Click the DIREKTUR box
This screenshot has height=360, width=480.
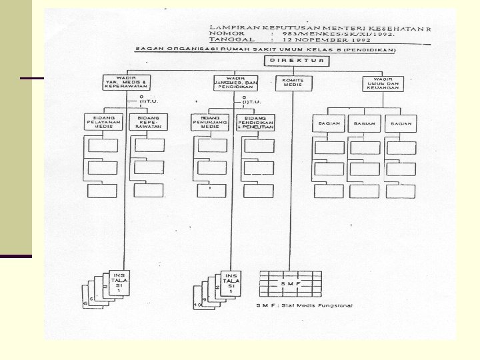(297, 61)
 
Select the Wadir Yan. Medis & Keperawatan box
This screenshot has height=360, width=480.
(127, 82)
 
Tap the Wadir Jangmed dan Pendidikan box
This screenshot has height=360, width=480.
(235, 82)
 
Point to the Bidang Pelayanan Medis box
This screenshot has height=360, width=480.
(102, 123)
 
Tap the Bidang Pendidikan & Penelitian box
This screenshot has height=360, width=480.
(255, 122)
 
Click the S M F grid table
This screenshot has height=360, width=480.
(290, 284)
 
